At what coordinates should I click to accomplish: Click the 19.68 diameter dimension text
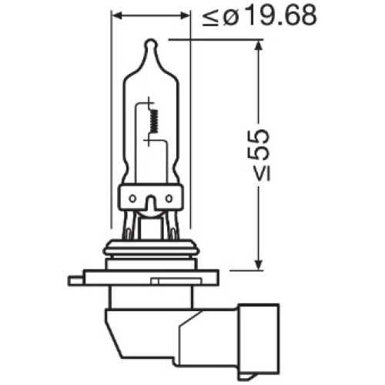277,15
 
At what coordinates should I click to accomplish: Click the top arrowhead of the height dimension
256,45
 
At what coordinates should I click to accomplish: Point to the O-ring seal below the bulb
150,249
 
